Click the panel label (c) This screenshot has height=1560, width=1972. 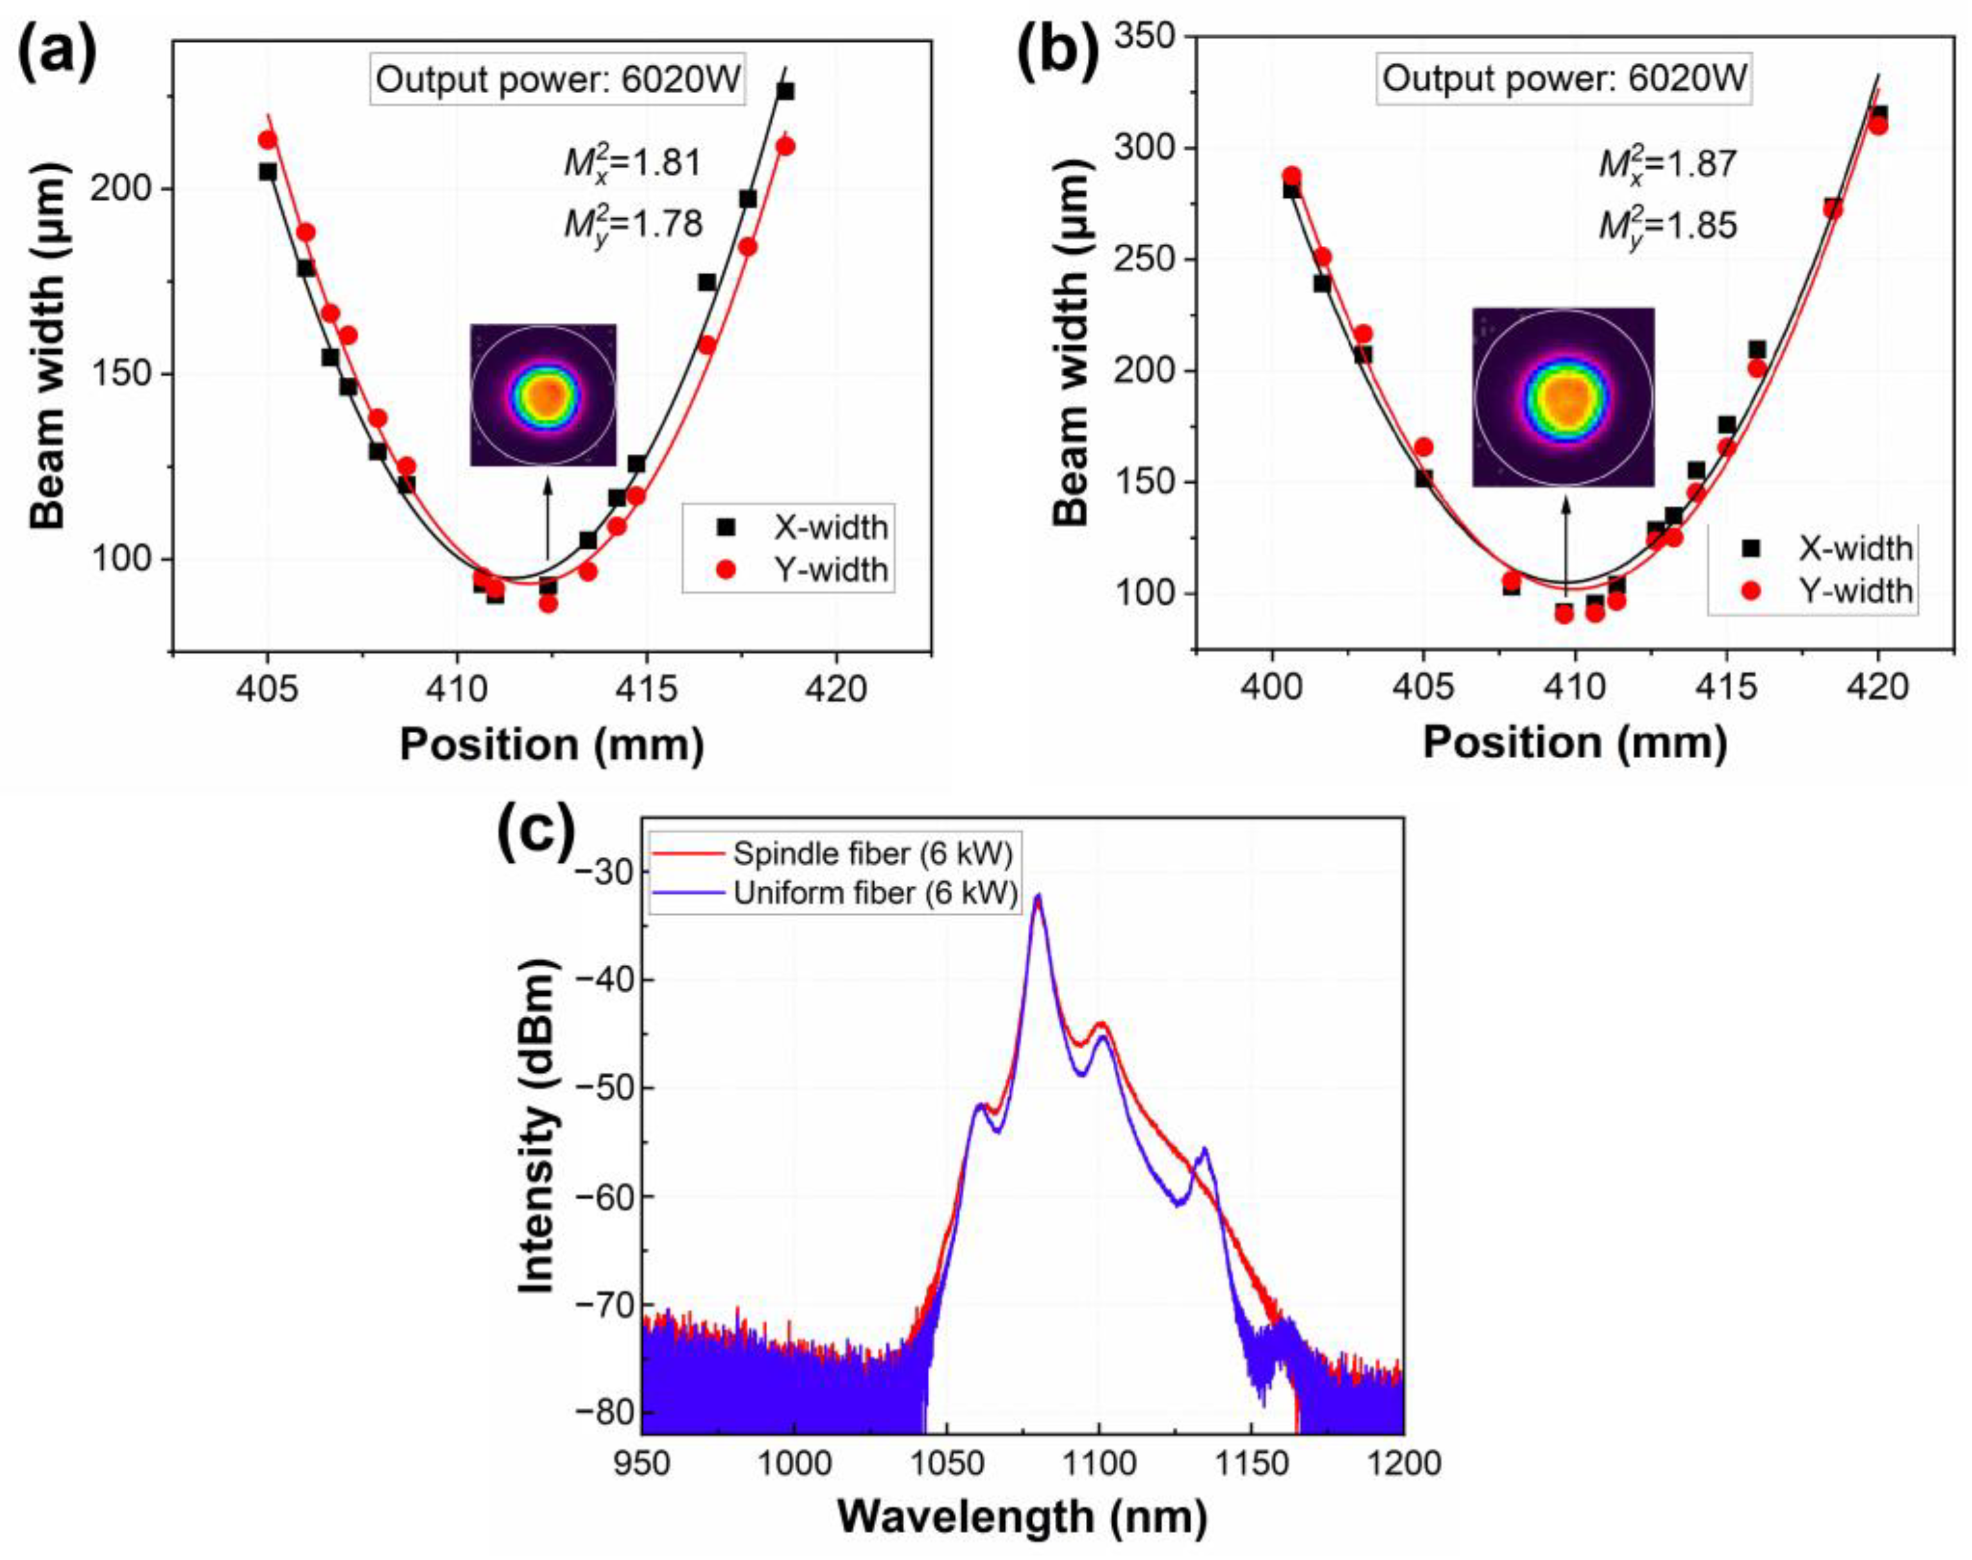[536, 828]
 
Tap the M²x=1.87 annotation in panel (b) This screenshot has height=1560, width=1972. [1667, 164]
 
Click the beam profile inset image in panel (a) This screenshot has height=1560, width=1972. [543, 395]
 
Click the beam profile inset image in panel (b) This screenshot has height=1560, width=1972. [1563, 396]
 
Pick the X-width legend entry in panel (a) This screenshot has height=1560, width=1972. [804, 527]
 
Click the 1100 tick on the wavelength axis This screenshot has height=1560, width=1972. [1099, 1462]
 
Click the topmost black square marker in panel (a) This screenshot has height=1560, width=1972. [785, 91]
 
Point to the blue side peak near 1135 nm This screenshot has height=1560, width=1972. [1205, 1151]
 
